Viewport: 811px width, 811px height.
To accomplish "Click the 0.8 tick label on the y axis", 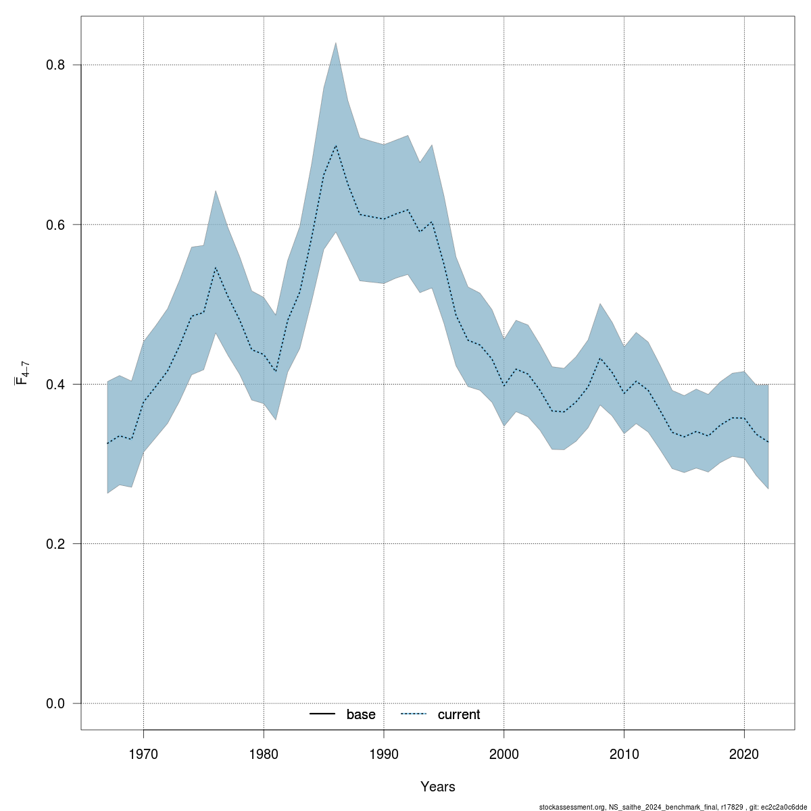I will click(x=55, y=65).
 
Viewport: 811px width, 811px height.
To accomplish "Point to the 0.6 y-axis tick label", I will click(x=55, y=224).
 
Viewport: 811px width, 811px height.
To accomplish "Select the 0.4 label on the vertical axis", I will click(x=55, y=384).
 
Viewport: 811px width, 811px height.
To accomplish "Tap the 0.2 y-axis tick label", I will click(x=55, y=543).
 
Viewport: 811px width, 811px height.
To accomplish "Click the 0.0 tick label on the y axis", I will click(x=55, y=704).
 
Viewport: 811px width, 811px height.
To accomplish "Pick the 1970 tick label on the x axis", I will click(x=143, y=752).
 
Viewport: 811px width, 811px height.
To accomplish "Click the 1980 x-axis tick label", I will click(x=264, y=752).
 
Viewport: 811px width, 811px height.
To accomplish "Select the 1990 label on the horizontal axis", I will click(x=384, y=752).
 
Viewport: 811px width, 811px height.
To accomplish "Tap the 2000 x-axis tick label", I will click(x=504, y=752).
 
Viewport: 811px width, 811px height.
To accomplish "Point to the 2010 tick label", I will click(x=624, y=752).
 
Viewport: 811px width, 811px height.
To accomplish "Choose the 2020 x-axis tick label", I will click(x=744, y=752).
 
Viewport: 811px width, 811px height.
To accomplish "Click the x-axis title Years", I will click(x=438, y=787).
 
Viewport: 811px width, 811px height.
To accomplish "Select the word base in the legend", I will click(x=361, y=714).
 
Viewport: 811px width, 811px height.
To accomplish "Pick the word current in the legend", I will click(x=459, y=714).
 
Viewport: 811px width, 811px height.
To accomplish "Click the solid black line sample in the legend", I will click(x=323, y=714).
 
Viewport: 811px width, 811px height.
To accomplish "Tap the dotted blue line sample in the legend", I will click(x=414, y=714).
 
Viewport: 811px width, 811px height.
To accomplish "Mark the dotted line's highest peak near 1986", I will click(x=336, y=145).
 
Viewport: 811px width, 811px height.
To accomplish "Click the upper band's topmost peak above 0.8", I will click(x=336, y=43).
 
